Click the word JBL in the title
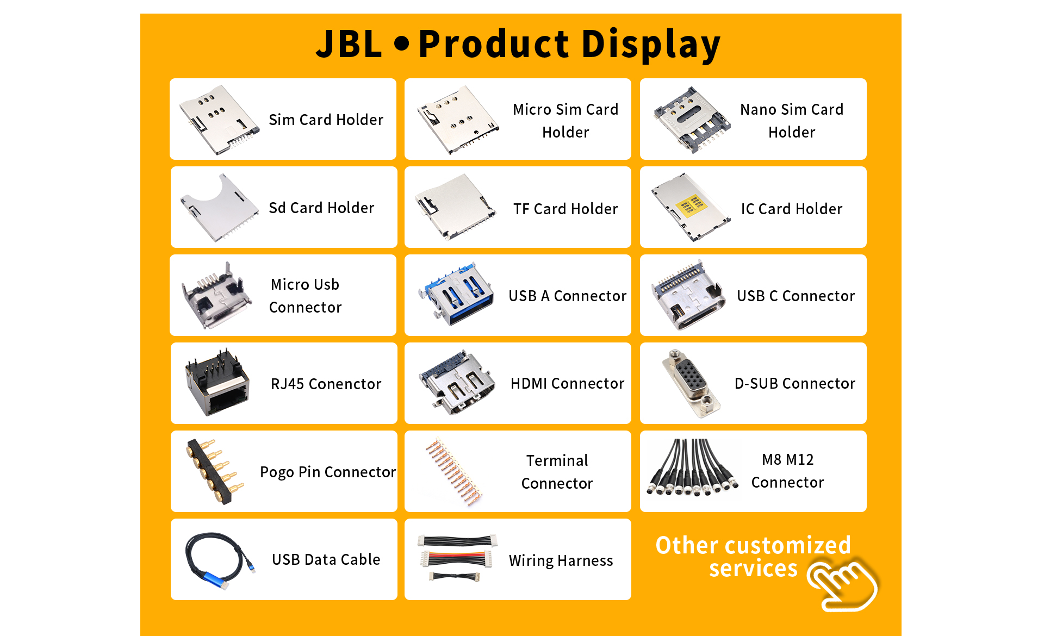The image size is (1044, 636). tap(349, 44)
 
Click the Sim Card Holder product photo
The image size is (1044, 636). tap(220, 119)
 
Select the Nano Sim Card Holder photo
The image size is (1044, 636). tap(691, 119)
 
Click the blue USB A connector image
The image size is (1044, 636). tap(457, 295)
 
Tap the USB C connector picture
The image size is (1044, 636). tap(688, 295)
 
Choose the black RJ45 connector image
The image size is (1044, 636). tap(217, 383)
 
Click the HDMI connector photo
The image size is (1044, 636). tap(457, 383)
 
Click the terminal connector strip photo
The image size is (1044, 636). tap(455, 471)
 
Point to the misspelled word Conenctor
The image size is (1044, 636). tap(345, 384)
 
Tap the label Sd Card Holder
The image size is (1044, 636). tap(321, 208)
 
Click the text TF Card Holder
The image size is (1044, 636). tap(565, 209)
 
